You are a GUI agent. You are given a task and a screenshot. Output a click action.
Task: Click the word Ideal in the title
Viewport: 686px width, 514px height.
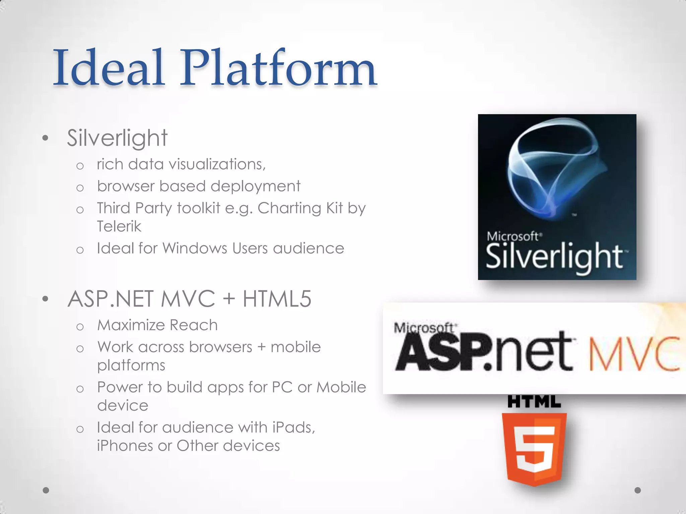(x=109, y=68)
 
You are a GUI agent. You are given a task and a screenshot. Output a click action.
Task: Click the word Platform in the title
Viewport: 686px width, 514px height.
(x=279, y=68)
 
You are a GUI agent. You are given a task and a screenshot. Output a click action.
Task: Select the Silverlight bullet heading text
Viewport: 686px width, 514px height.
(x=117, y=138)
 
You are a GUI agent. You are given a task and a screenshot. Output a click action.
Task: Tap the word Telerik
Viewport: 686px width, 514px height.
(x=119, y=227)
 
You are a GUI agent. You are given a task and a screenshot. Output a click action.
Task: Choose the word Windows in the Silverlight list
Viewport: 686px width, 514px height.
(x=195, y=249)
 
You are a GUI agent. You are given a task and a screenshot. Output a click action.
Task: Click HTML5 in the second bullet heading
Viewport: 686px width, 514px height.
(x=277, y=299)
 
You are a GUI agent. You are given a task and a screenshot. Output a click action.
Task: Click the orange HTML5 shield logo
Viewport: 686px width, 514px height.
(x=534, y=448)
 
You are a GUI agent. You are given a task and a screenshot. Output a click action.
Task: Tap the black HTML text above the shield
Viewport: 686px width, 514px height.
(x=534, y=402)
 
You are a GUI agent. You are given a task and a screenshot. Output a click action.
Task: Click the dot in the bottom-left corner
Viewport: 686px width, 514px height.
(x=46, y=490)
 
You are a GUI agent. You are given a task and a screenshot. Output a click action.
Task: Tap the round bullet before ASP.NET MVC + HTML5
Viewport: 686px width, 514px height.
(x=46, y=299)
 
